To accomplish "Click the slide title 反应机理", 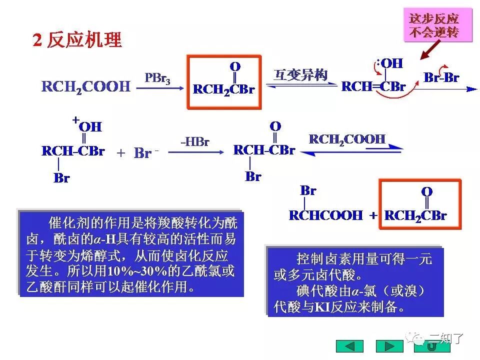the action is tap(84, 40).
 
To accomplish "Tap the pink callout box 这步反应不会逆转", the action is tap(433, 25).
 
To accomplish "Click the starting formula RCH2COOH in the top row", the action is tap(85, 86).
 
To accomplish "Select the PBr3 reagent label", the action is tap(157, 78).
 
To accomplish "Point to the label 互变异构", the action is tap(300, 75).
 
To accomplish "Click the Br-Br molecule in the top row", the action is tap(441, 77).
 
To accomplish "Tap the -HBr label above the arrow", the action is tap(194, 141).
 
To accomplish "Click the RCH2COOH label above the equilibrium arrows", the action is tap(347, 139).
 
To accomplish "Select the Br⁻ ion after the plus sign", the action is tap(144, 153).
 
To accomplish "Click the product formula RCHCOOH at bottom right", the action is tap(325, 215).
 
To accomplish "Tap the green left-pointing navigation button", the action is tap(349, 346).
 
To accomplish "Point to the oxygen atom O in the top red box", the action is tap(234, 66).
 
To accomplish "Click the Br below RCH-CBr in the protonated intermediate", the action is tap(61, 178).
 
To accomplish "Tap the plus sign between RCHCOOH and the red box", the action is tap(373, 216).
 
